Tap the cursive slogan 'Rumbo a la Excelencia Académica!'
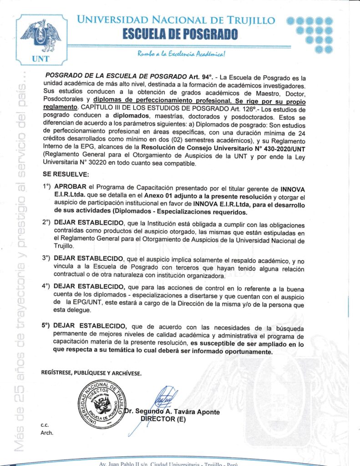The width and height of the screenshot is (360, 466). tap(182, 55)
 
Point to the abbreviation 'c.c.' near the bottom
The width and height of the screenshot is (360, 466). tap(45, 425)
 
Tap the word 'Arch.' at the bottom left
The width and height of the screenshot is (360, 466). tap(47, 433)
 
